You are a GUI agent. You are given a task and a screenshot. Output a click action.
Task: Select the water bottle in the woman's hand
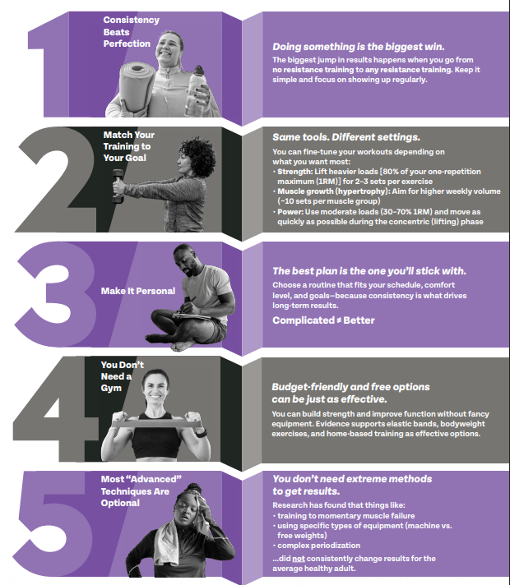coord(196,91)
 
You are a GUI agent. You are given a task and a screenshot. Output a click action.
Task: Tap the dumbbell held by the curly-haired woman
coord(118,186)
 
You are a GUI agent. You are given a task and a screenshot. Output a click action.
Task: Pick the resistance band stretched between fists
coord(157,423)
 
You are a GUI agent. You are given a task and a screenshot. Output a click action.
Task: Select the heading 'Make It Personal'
coord(138,291)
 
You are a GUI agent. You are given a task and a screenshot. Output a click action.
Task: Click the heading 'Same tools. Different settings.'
coord(346,137)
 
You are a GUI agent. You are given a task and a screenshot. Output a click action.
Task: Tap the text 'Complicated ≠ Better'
coord(323,320)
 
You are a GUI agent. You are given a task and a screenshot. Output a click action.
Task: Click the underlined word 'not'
coord(298,559)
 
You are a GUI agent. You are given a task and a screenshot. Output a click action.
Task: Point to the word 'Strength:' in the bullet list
coord(294,172)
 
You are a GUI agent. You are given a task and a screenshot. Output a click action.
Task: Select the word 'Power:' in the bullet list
coord(290,212)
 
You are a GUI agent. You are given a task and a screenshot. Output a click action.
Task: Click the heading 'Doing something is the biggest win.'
coord(359,47)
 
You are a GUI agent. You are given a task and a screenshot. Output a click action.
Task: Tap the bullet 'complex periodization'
coord(318,546)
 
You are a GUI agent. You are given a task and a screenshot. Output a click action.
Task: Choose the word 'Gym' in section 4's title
coord(111,388)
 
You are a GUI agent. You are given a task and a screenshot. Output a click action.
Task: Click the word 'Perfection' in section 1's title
coord(127,44)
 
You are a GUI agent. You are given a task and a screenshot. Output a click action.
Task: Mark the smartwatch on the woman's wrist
coord(201,434)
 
